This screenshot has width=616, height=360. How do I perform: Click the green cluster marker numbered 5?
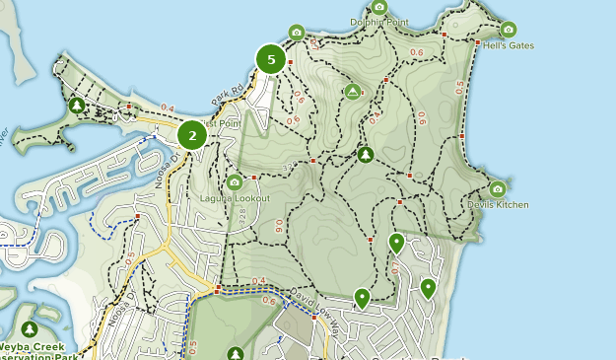tap(270, 59)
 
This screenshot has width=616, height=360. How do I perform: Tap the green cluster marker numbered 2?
tap(192, 135)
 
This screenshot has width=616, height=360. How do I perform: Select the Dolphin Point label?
tap(378, 22)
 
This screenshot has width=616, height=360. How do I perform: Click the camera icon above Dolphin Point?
tap(379, 7)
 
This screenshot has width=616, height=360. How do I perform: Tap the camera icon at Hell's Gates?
tap(509, 30)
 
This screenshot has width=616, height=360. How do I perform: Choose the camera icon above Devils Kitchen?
tap(497, 188)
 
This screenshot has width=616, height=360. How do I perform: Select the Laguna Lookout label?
tap(235, 197)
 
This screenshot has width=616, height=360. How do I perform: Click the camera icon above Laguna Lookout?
tap(235, 182)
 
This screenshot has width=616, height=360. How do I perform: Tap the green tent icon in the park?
tap(353, 92)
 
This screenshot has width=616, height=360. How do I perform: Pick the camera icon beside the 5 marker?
tap(297, 34)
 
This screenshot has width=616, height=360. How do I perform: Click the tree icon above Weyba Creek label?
tap(29, 328)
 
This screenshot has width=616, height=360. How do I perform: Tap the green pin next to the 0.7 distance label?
tap(396, 243)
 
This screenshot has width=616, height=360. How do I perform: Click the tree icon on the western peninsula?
tap(77, 106)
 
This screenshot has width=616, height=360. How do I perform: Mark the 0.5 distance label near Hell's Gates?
tap(458, 87)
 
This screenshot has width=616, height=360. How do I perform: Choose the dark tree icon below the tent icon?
tap(366, 154)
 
